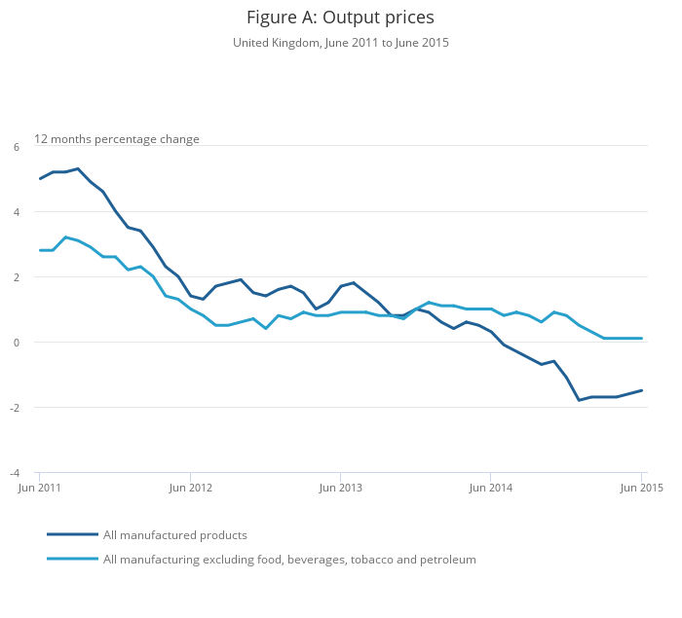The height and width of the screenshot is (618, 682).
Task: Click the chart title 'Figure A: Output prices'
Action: [340, 18]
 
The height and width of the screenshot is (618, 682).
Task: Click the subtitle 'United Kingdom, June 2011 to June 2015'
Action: [340, 43]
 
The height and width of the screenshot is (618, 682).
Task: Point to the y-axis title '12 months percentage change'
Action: [117, 139]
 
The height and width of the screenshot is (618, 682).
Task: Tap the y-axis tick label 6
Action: [17, 147]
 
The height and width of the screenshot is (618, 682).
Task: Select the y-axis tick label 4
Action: [17, 212]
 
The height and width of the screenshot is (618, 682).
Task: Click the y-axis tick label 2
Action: [17, 277]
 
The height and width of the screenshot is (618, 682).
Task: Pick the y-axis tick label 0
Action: [17, 343]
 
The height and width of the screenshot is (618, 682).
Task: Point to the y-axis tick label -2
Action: [15, 408]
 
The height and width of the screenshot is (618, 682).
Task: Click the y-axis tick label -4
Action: [15, 473]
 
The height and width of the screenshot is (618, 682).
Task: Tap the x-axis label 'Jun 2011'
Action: [41, 487]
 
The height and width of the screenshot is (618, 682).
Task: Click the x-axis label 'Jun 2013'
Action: [340, 487]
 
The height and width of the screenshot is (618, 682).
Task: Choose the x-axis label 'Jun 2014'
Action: [491, 487]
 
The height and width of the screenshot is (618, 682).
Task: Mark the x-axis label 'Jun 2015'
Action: [642, 487]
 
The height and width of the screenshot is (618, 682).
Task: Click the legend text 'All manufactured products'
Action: [175, 535]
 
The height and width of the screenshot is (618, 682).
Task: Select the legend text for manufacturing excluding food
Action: [289, 560]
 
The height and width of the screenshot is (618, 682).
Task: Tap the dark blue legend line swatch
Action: [72, 534]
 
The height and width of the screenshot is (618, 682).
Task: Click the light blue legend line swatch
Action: [72, 559]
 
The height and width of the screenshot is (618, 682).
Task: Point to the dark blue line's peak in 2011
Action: [78, 168]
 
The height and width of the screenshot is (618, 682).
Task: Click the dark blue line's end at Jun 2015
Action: [642, 390]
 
